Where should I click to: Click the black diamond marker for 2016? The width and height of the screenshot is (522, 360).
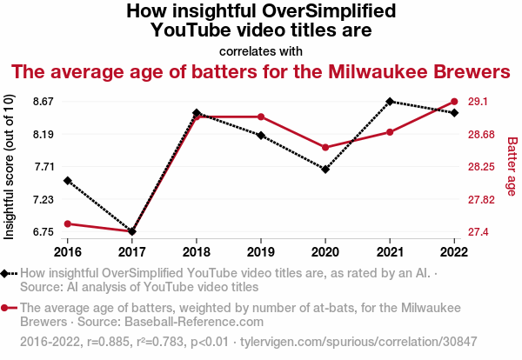[x=67, y=181]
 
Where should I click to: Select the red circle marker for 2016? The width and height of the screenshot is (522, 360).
[x=67, y=224]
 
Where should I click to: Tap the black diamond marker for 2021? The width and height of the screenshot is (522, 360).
[x=390, y=101]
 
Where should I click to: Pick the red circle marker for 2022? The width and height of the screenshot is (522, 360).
[x=454, y=102]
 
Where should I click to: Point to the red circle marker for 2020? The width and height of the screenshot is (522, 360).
[x=325, y=148]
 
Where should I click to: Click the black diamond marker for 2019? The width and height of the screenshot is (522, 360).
[x=261, y=136]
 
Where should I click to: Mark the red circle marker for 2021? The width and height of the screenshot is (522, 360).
[x=390, y=132]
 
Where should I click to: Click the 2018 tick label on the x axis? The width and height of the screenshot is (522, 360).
[x=197, y=251]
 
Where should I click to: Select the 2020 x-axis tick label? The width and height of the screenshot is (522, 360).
[x=325, y=251]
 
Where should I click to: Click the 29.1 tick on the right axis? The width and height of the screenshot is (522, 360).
[x=478, y=102]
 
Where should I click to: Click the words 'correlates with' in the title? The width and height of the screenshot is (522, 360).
[x=260, y=50]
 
